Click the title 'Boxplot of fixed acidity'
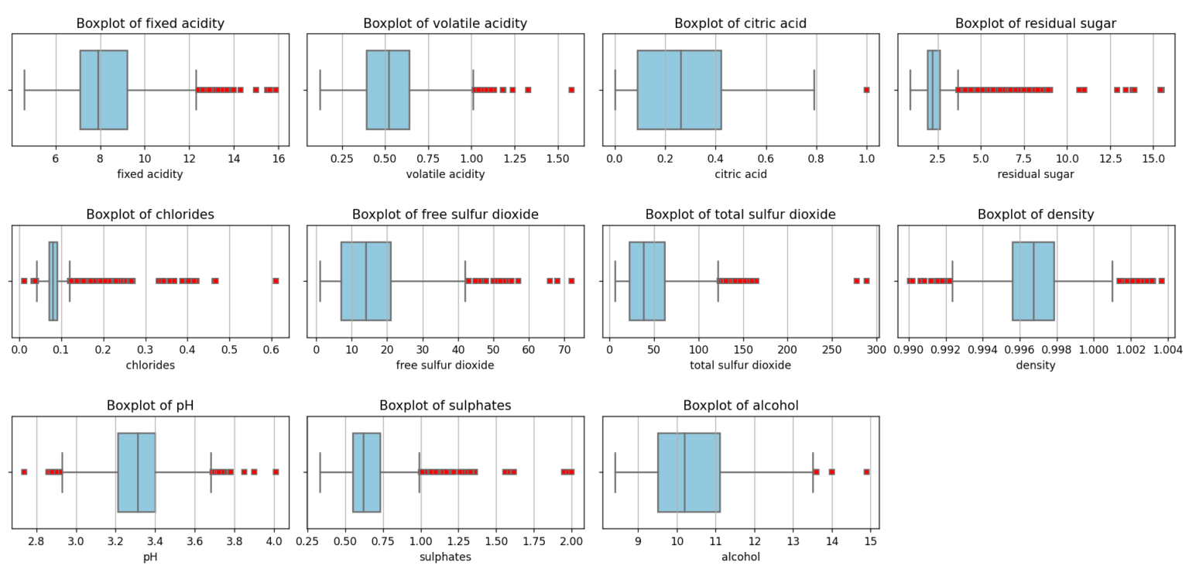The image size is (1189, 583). pyautogui.click(x=150, y=23)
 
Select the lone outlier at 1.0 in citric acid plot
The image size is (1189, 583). pyautogui.click(x=866, y=90)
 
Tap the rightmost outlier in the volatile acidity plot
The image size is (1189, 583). pyautogui.click(x=571, y=90)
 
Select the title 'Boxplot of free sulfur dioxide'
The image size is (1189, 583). pyautogui.click(x=445, y=214)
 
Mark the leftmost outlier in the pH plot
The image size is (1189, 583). pyautogui.click(x=24, y=472)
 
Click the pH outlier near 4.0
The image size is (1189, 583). pyautogui.click(x=276, y=472)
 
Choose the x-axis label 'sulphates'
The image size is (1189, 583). pyautogui.click(x=445, y=556)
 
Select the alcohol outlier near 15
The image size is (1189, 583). pyautogui.click(x=866, y=472)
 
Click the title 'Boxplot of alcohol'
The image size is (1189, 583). pyautogui.click(x=741, y=406)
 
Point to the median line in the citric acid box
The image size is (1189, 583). pyautogui.click(x=680, y=90)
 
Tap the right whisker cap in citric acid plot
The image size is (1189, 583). pyautogui.click(x=814, y=90)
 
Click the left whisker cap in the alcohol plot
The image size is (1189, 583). pyautogui.click(x=615, y=472)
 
